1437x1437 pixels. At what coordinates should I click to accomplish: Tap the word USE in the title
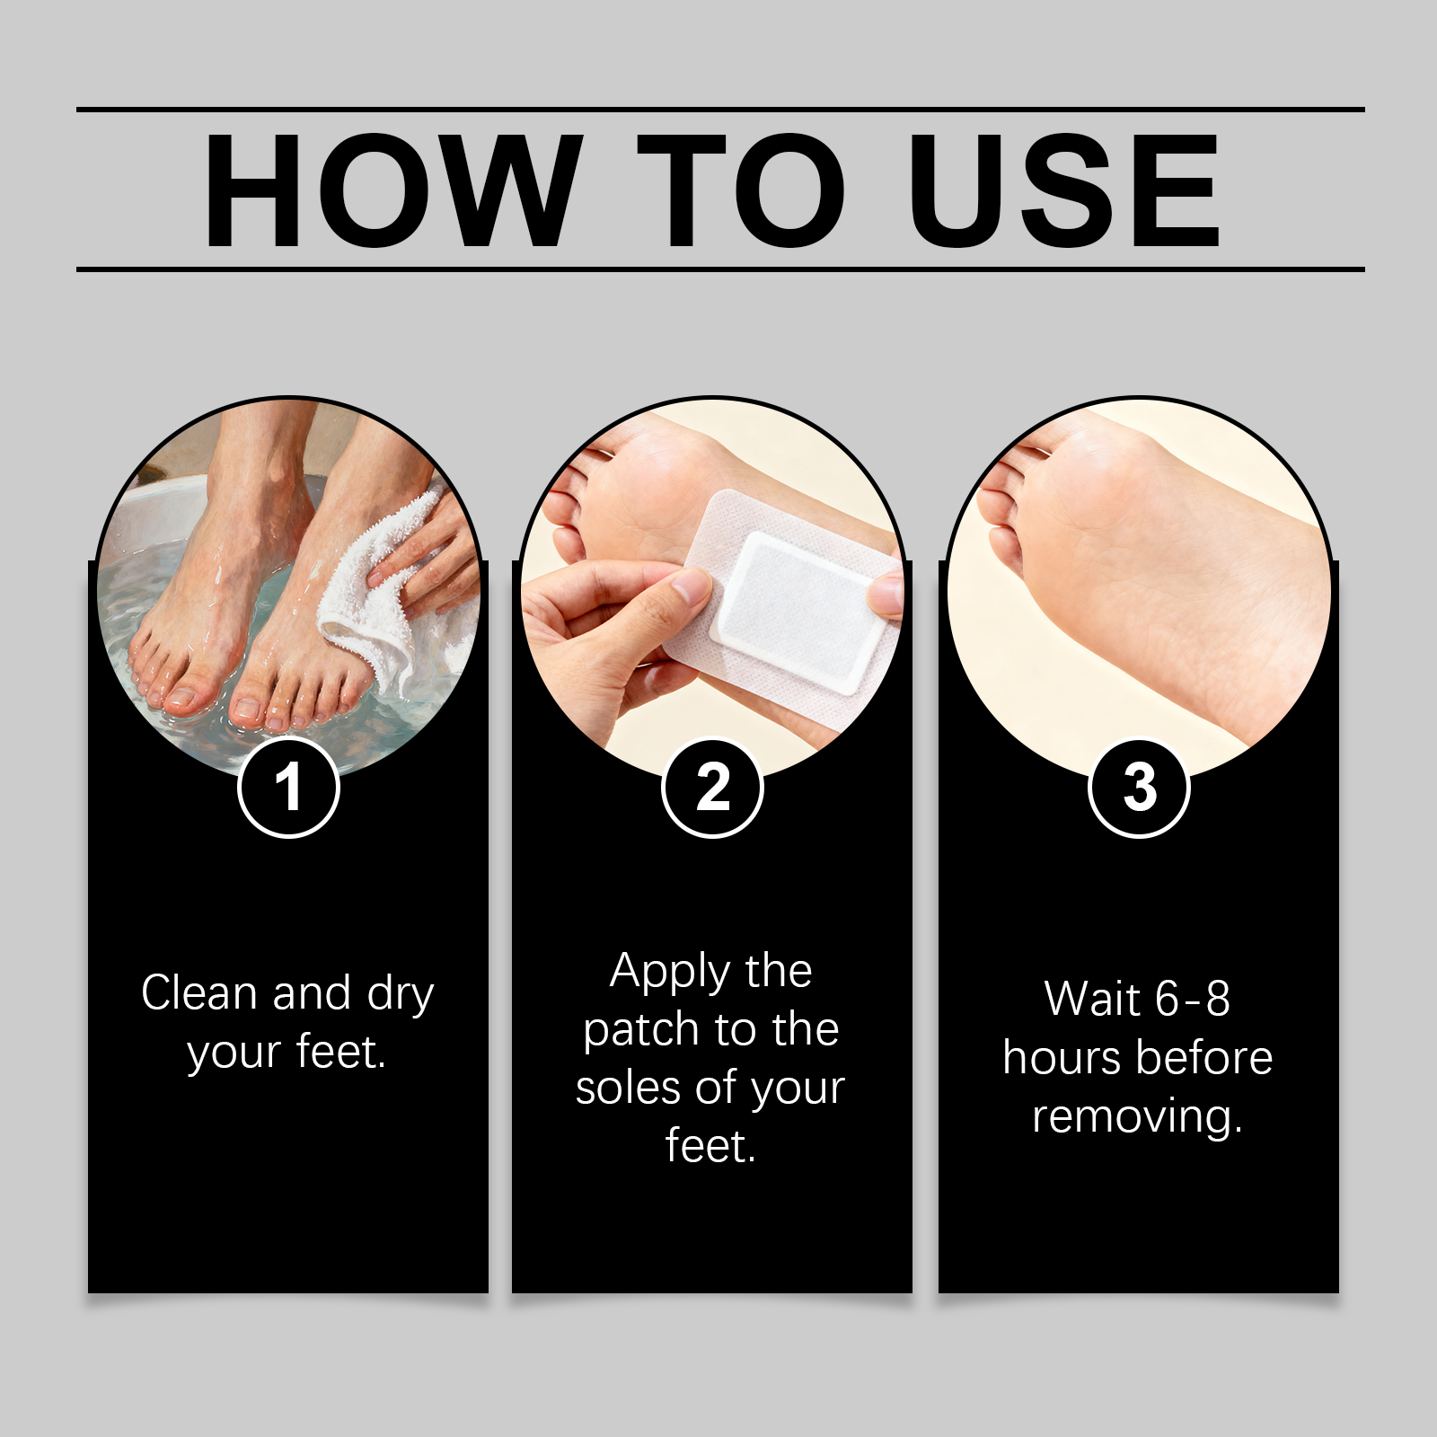point(1064,190)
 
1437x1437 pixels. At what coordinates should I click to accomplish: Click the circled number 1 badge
point(288,788)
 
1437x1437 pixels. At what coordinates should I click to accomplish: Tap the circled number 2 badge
point(712,788)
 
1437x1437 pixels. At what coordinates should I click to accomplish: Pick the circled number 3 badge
point(1139,788)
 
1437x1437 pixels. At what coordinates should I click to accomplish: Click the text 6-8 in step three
point(1193,999)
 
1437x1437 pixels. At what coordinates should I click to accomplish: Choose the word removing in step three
point(1137,1117)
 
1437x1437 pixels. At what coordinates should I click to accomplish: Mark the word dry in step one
point(401,996)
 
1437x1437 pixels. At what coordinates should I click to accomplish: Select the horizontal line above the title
point(720,110)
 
